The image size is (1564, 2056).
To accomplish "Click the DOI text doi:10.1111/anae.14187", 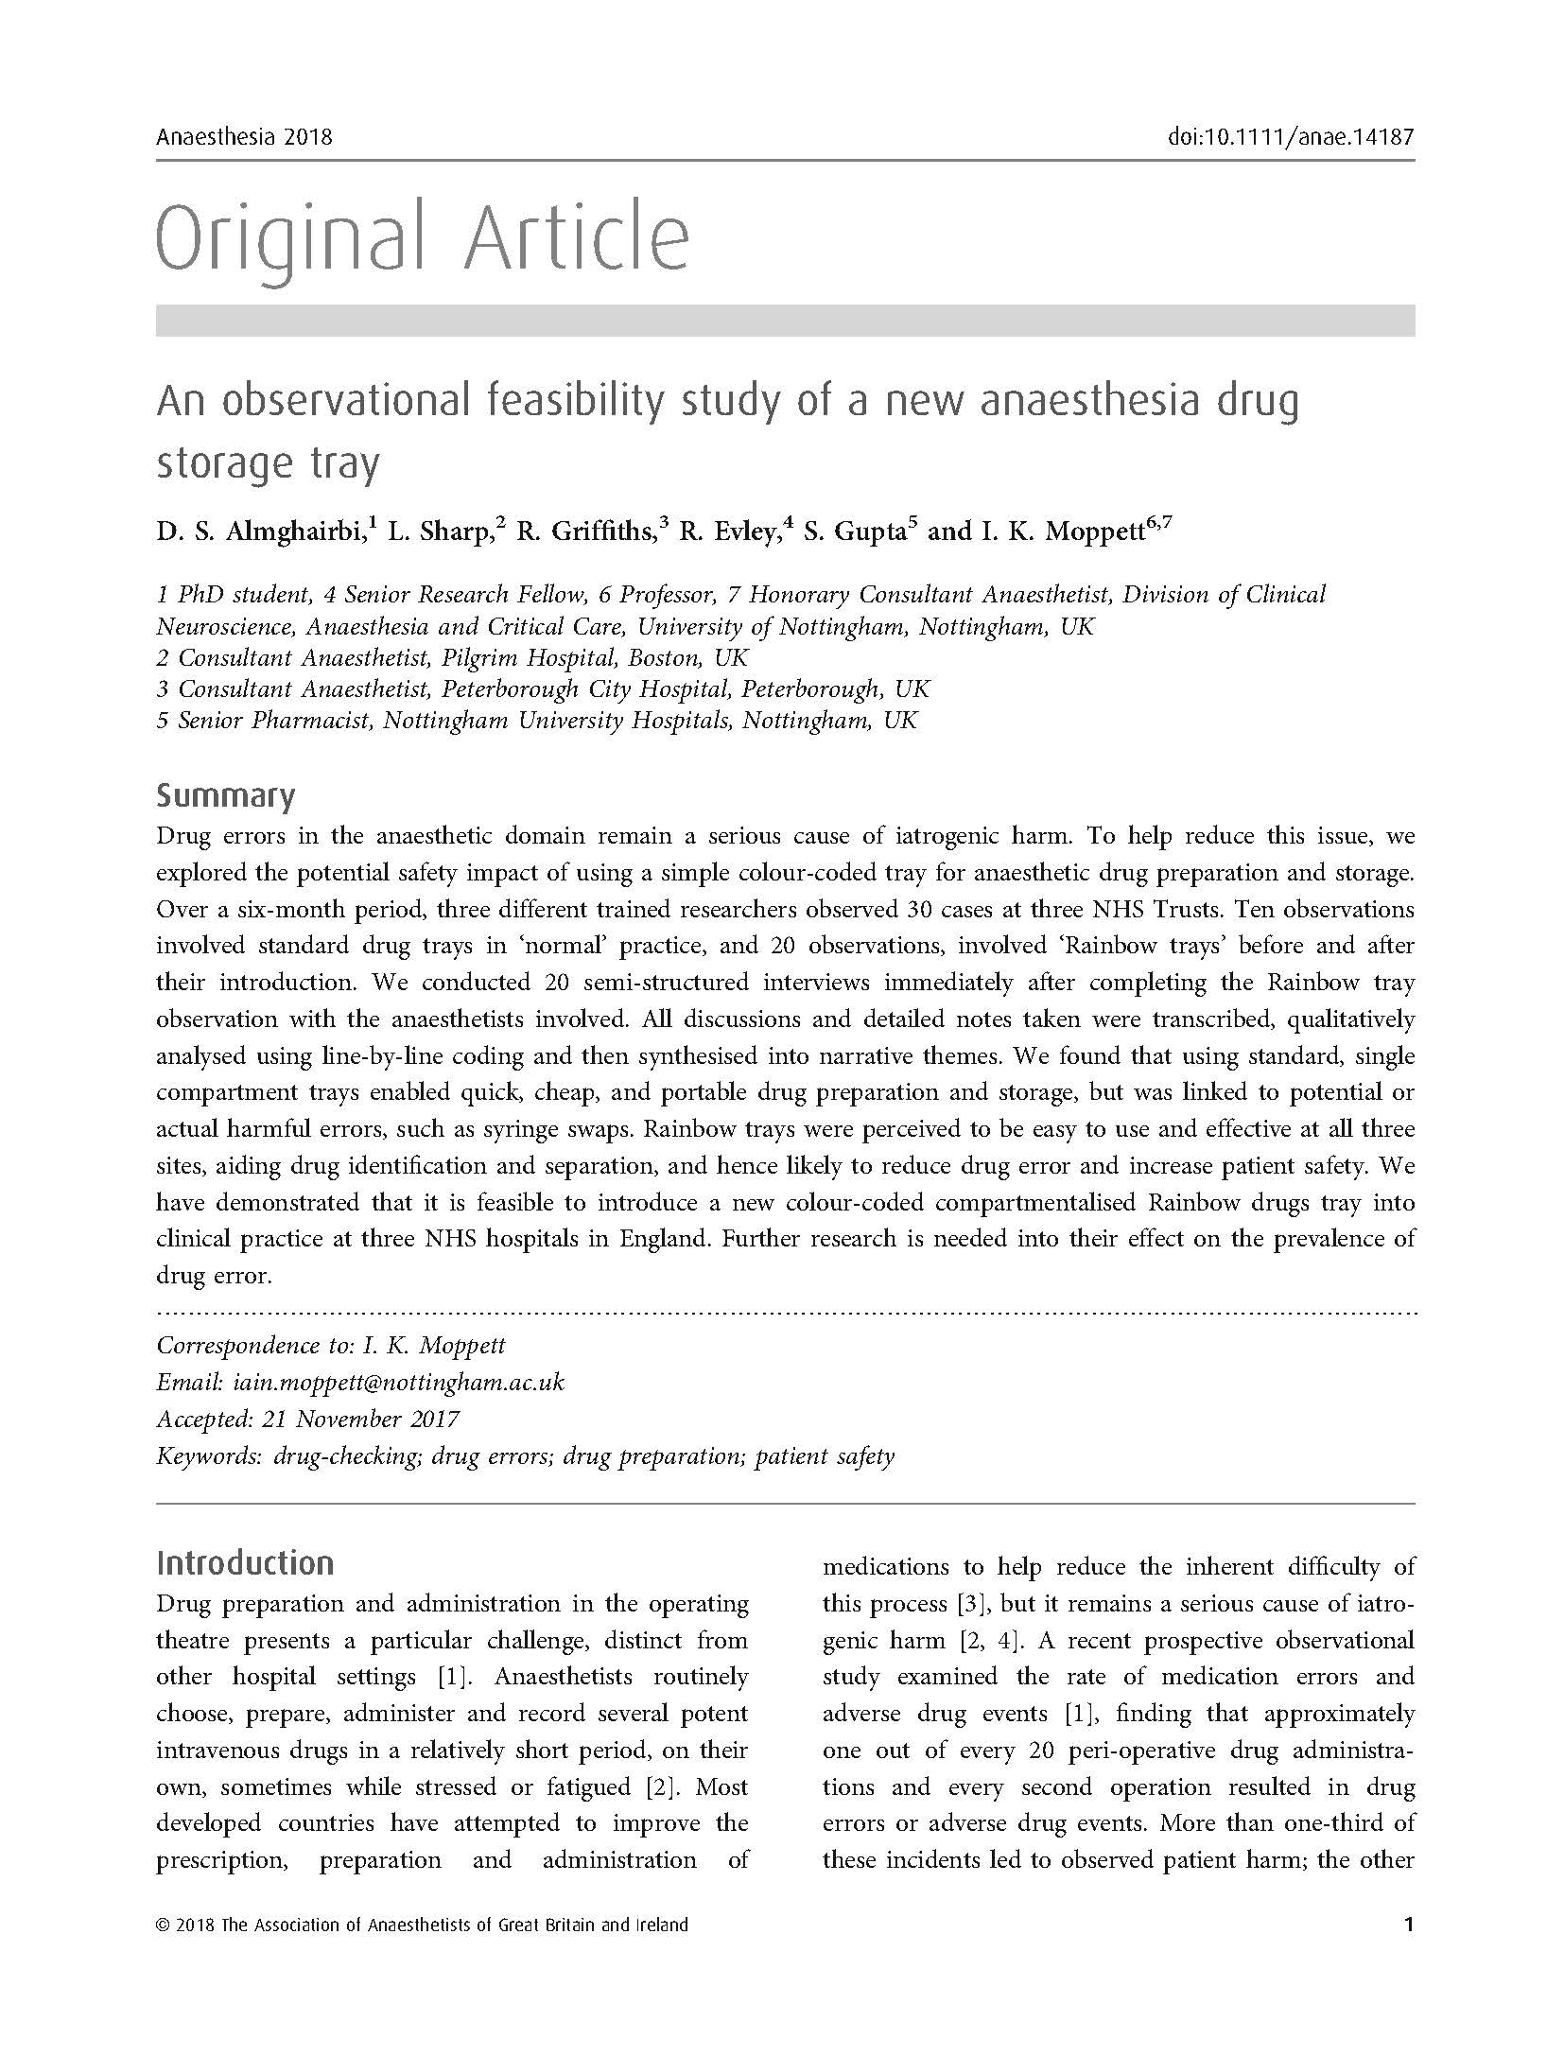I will [x=1291, y=137].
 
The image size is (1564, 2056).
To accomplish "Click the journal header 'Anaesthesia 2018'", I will [x=244, y=137].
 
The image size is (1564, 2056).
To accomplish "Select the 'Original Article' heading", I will [x=422, y=236].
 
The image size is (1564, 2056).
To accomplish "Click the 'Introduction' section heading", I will [x=245, y=1562].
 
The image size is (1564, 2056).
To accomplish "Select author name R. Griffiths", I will [x=585, y=532].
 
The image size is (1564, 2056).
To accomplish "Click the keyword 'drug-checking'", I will [x=345, y=1455].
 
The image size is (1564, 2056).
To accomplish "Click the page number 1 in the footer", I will [x=1409, y=1925].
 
